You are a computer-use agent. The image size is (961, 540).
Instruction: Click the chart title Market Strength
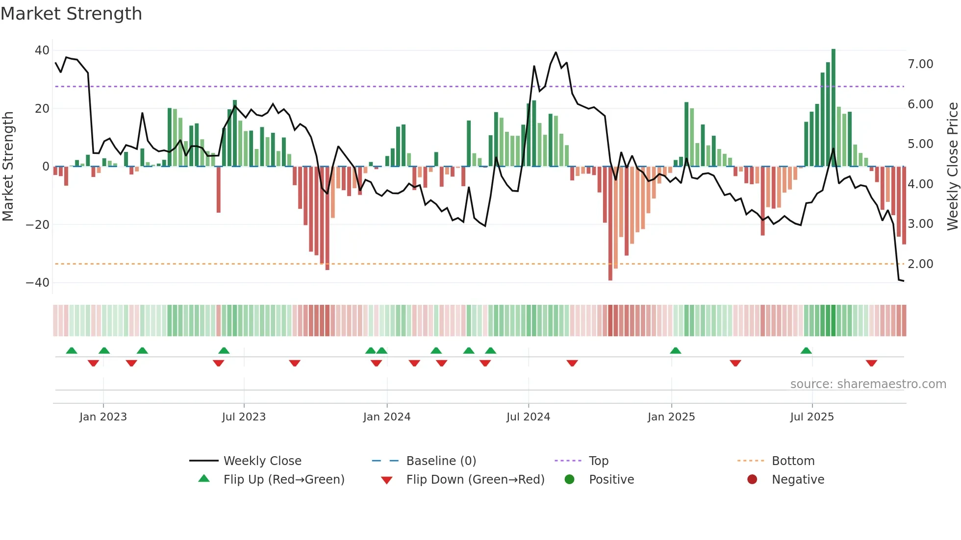pos(71,14)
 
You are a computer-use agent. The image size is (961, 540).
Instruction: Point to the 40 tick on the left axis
pos(42,50)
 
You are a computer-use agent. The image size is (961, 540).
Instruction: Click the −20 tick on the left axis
pos(38,225)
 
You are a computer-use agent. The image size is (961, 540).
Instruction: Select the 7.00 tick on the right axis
pos(920,64)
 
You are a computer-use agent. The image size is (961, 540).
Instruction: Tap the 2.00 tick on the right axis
pos(920,264)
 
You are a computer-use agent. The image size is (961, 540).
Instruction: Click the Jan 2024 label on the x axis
pos(387,417)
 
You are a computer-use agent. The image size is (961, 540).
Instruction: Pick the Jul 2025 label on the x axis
pos(812,417)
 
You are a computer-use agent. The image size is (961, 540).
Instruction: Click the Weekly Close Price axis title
pos(952,167)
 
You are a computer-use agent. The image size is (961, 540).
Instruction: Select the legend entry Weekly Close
pos(262,461)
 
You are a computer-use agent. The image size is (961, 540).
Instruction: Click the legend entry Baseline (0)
pos(441,461)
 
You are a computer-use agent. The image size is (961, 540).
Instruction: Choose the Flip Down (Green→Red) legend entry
pos(475,480)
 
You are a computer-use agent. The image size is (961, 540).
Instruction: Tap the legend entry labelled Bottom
pos(793,461)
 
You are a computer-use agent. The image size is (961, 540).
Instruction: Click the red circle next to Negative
pos(752,480)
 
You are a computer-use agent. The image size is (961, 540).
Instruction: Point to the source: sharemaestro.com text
pos(868,384)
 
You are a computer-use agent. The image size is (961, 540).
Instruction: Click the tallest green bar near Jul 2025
pos(834,108)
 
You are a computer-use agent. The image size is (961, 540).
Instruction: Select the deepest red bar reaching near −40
pos(610,223)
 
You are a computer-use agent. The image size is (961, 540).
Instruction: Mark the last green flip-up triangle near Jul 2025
pos(806,351)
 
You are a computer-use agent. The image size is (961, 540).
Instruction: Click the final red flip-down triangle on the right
pos(871,363)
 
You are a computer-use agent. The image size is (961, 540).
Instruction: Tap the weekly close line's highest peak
pos(556,52)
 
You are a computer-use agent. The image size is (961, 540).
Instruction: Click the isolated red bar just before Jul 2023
pos(219,189)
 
